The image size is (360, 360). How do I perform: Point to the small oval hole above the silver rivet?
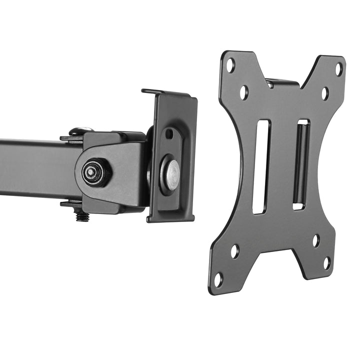pyautogui.click(x=169, y=134)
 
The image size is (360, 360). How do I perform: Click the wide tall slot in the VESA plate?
pyautogui.click(x=261, y=166)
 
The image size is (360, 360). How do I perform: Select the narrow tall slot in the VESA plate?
pyautogui.click(x=301, y=163)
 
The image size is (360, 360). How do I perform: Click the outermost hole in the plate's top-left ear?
pyautogui.click(x=230, y=64)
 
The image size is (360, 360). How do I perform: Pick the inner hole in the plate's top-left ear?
pyautogui.click(x=243, y=92)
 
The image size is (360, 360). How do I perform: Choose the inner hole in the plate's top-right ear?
pyautogui.click(x=325, y=93)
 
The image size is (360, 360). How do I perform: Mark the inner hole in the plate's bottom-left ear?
pyautogui.click(x=234, y=251)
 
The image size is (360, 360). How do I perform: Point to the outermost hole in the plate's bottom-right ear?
pyautogui.click(x=326, y=262)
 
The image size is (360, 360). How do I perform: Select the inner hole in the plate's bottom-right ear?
pyautogui.click(x=316, y=240)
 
